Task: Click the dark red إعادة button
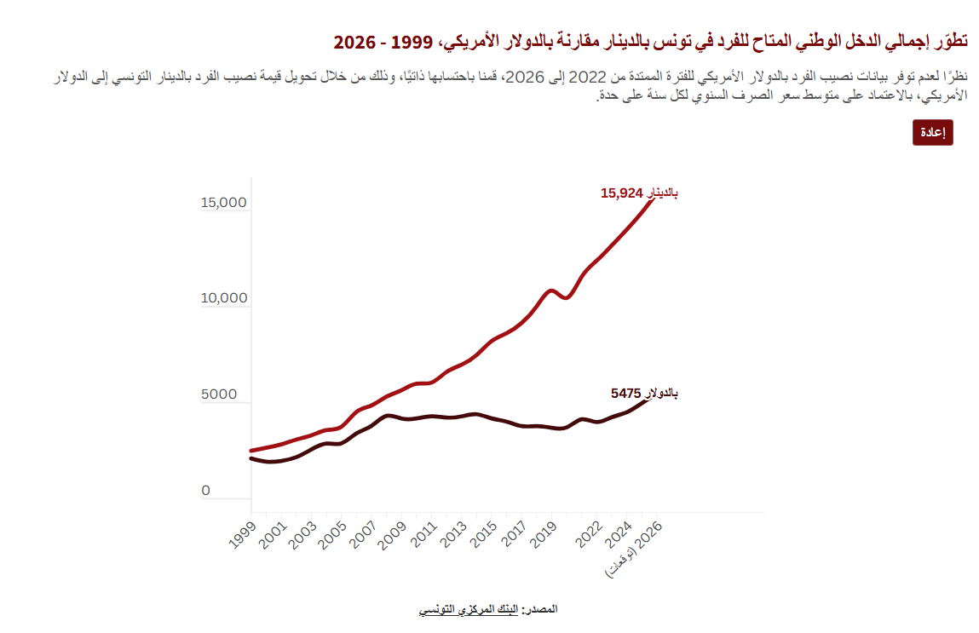tap(932, 132)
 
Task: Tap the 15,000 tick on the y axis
tap(223, 202)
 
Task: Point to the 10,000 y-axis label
tap(223, 298)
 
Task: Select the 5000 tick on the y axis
tap(218, 394)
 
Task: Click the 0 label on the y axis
tap(205, 490)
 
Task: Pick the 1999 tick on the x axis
tap(242, 535)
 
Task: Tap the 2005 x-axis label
tap(332, 535)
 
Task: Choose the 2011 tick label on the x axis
tap(423, 535)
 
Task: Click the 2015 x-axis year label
tap(483, 535)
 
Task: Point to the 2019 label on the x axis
tap(544, 535)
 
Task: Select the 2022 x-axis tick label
tap(589, 535)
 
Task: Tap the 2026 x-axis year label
tap(648, 535)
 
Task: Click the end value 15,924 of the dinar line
tap(622, 193)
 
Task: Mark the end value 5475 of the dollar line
tap(625, 394)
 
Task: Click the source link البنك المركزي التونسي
tap(469, 609)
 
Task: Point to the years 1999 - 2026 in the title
tap(383, 43)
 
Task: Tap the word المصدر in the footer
tap(541, 608)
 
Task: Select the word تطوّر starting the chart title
tap(950, 41)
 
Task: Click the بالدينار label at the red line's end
tap(661, 193)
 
